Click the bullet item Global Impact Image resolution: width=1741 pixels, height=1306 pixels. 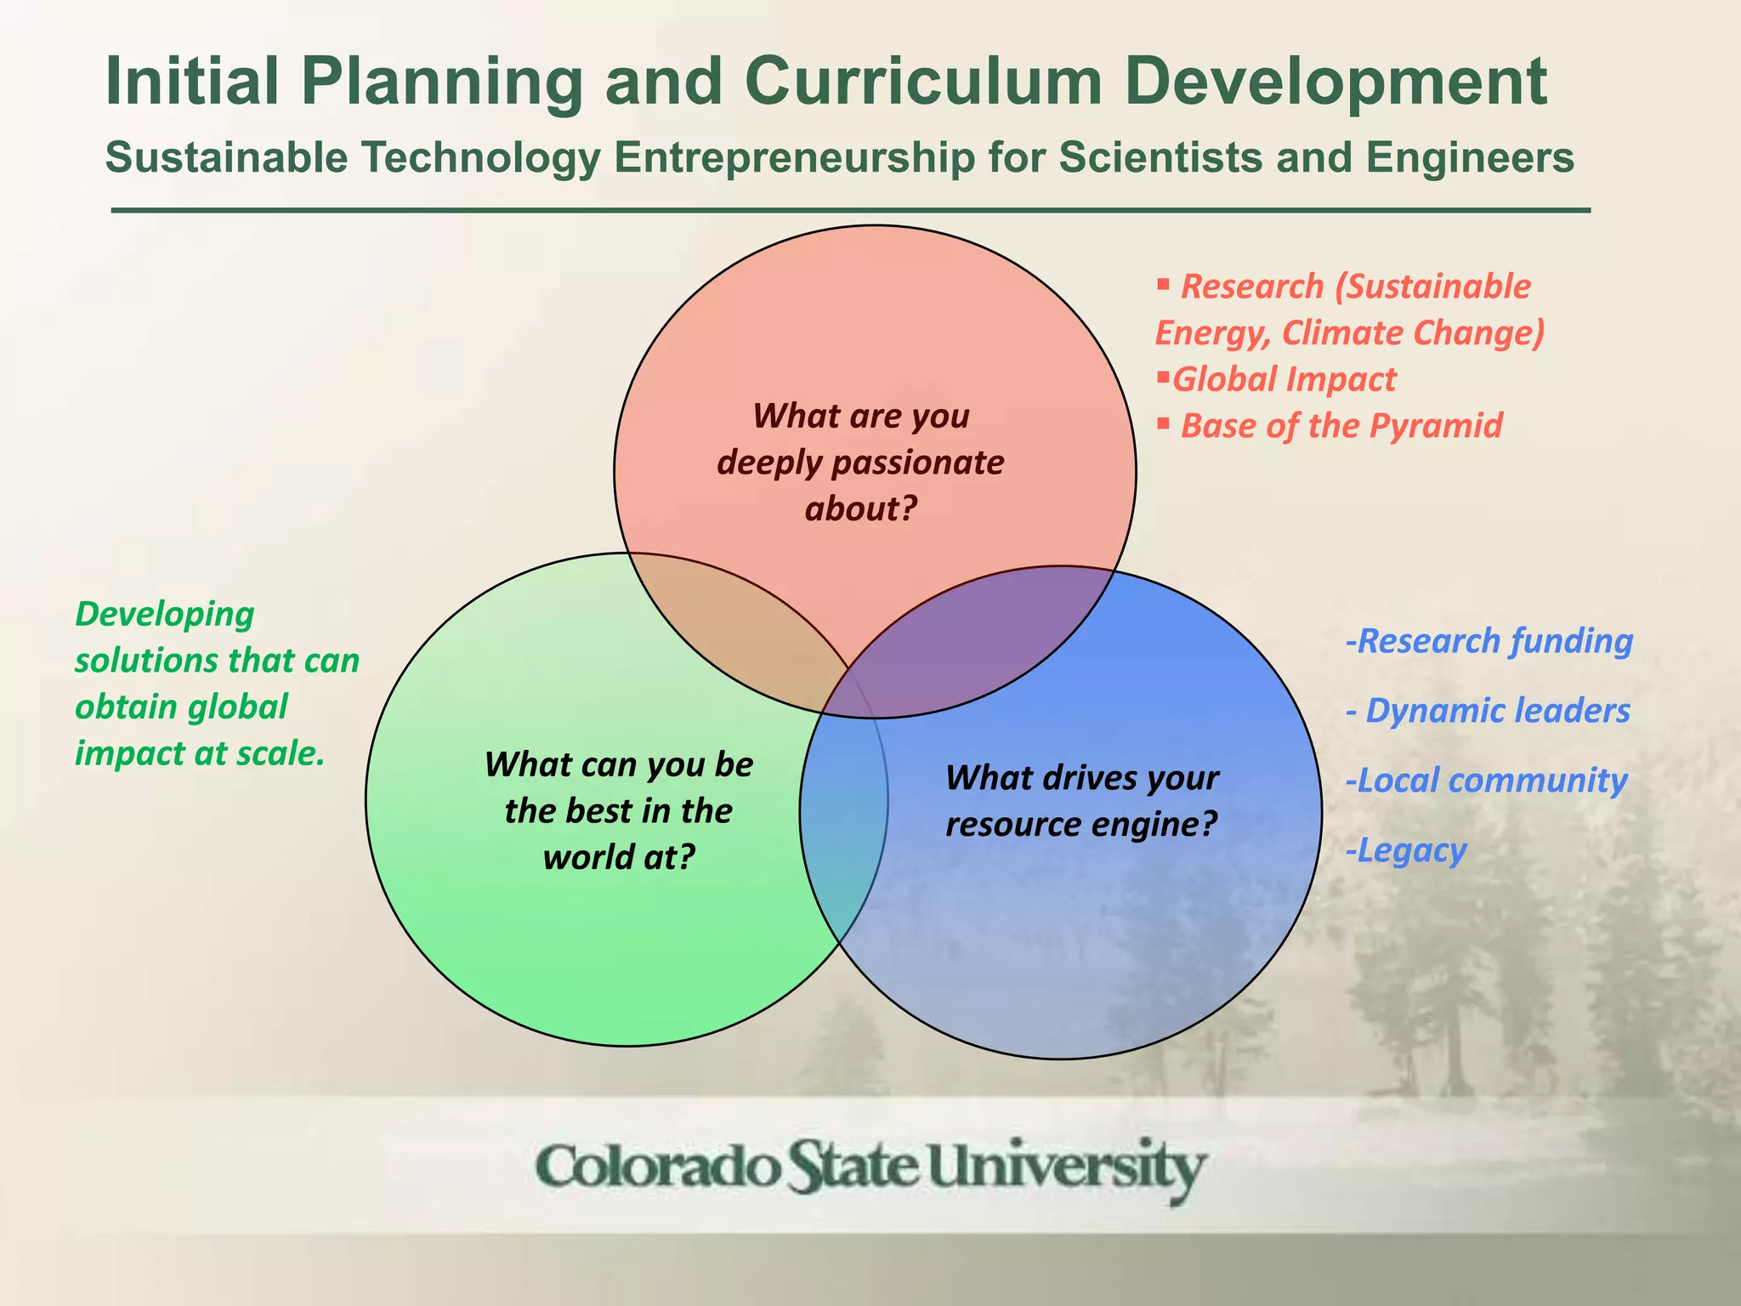click(x=1284, y=379)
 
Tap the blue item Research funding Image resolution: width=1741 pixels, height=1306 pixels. click(x=1489, y=641)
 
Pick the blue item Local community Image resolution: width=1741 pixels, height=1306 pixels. click(x=1487, y=781)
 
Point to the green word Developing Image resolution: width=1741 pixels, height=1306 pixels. click(x=165, y=614)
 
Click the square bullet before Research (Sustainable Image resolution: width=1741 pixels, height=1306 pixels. click(x=1164, y=284)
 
